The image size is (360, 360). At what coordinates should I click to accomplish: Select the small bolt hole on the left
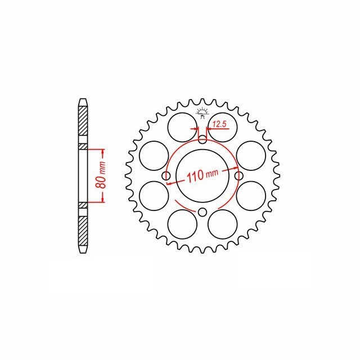pyautogui.click(x=166, y=177)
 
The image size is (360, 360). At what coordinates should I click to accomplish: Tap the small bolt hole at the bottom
pyautogui.click(x=202, y=212)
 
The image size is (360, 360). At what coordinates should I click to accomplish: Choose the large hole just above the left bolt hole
pyautogui.click(x=153, y=155)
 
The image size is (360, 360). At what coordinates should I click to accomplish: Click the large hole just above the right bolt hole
pyautogui.click(x=250, y=155)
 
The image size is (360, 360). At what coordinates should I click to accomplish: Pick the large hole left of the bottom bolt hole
pyautogui.click(x=183, y=224)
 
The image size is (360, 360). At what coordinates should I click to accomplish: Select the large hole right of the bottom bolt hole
pyautogui.click(x=221, y=224)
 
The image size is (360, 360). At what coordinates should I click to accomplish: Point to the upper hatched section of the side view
pyautogui.click(x=83, y=124)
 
